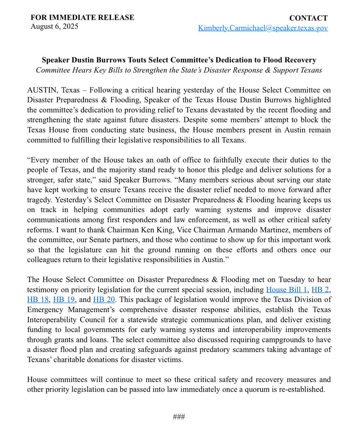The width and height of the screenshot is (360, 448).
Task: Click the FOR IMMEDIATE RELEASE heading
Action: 82,18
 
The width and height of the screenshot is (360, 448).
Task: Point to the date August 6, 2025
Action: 54,27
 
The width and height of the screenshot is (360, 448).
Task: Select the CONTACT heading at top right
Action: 308,18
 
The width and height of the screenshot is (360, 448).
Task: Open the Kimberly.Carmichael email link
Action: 263,28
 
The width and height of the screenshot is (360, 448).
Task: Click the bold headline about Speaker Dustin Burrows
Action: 179,60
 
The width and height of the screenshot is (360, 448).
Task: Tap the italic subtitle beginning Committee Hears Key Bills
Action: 179,70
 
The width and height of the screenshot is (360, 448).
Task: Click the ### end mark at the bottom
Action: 179,417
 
